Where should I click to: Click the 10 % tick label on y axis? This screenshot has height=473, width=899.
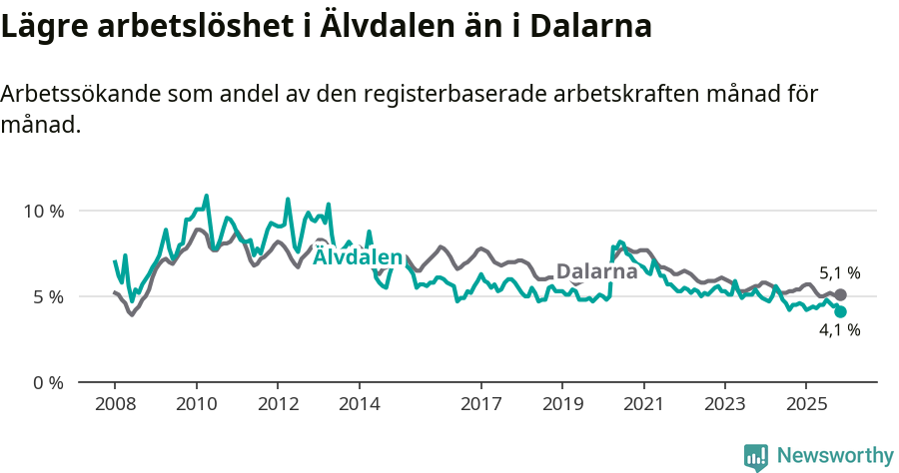[42, 211]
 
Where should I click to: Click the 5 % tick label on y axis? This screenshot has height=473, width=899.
[46, 296]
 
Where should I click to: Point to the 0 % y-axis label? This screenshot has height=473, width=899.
[46, 382]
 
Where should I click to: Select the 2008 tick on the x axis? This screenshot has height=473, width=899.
[115, 405]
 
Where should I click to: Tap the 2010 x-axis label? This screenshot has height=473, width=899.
[196, 405]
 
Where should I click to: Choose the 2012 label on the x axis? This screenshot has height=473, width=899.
[278, 405]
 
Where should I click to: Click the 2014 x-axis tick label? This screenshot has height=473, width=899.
[359, 405]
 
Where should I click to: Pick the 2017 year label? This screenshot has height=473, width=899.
[480, 405]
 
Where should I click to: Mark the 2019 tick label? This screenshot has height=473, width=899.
[561, 405]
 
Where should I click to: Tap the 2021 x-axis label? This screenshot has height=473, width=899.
[643, 405]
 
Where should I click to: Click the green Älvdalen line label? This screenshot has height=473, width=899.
[358, 257]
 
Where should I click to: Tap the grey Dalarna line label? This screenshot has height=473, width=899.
[596, 271]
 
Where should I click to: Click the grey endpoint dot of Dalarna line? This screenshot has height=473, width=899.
[840, 294]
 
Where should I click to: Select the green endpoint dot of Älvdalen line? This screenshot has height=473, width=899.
[840, 311]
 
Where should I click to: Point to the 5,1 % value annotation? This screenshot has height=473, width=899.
[839, 272]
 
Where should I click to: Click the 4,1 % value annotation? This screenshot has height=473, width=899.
[839, 330]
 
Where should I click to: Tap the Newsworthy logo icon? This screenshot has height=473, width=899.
[756, 456]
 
